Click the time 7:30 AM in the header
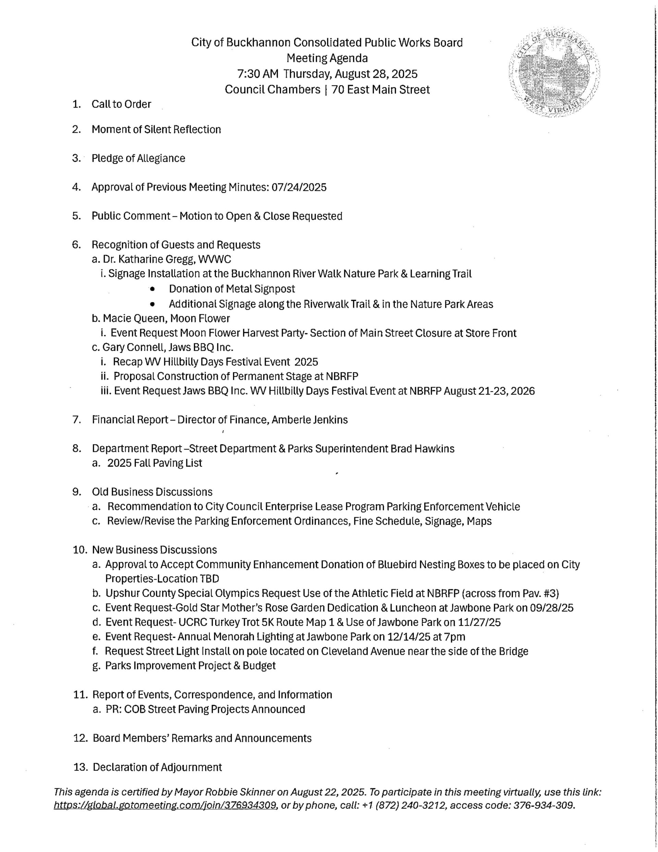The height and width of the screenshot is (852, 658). click(x=257, y=74)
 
